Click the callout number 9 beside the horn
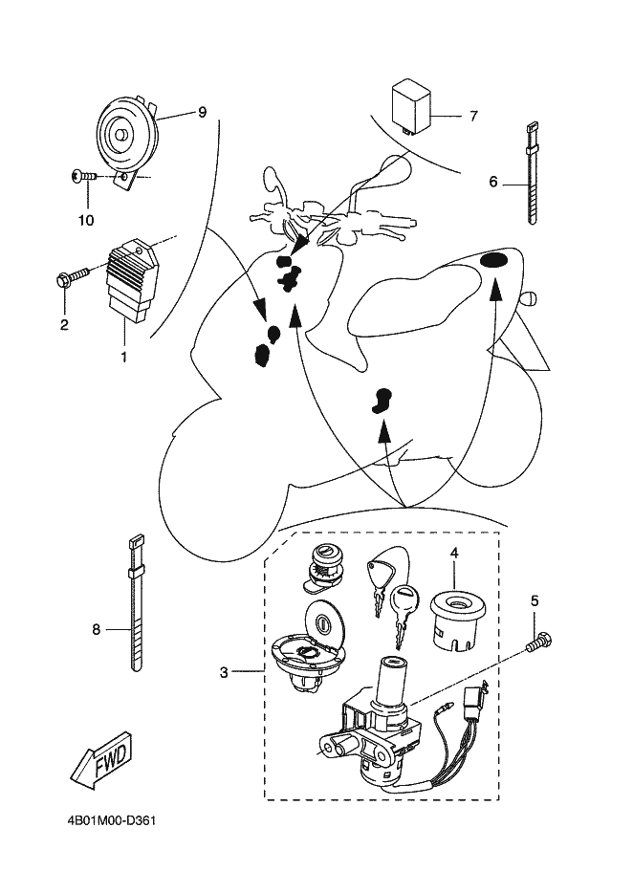(x=202, y=113)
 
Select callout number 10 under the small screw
(x=87, y=220)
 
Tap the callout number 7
(x=472, y=117)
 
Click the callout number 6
(x=493, y=181)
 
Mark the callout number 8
(x=96, y=629)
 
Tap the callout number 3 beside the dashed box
(x=224, y=672)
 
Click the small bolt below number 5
(x=539, y=643)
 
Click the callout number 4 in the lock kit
(x=454, y=553)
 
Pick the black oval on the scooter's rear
(x=495, y=261)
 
